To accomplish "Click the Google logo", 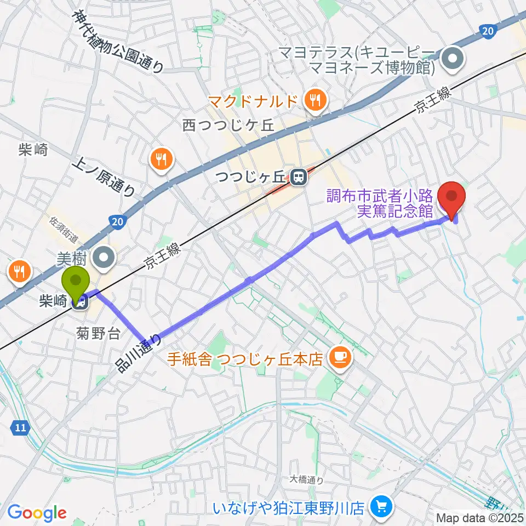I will [37, 513].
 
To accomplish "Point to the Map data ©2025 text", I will [479, 517].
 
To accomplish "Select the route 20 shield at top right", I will [487, 32].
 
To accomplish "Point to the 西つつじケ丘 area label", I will [228, 125].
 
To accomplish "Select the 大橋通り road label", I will [306, 479].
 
